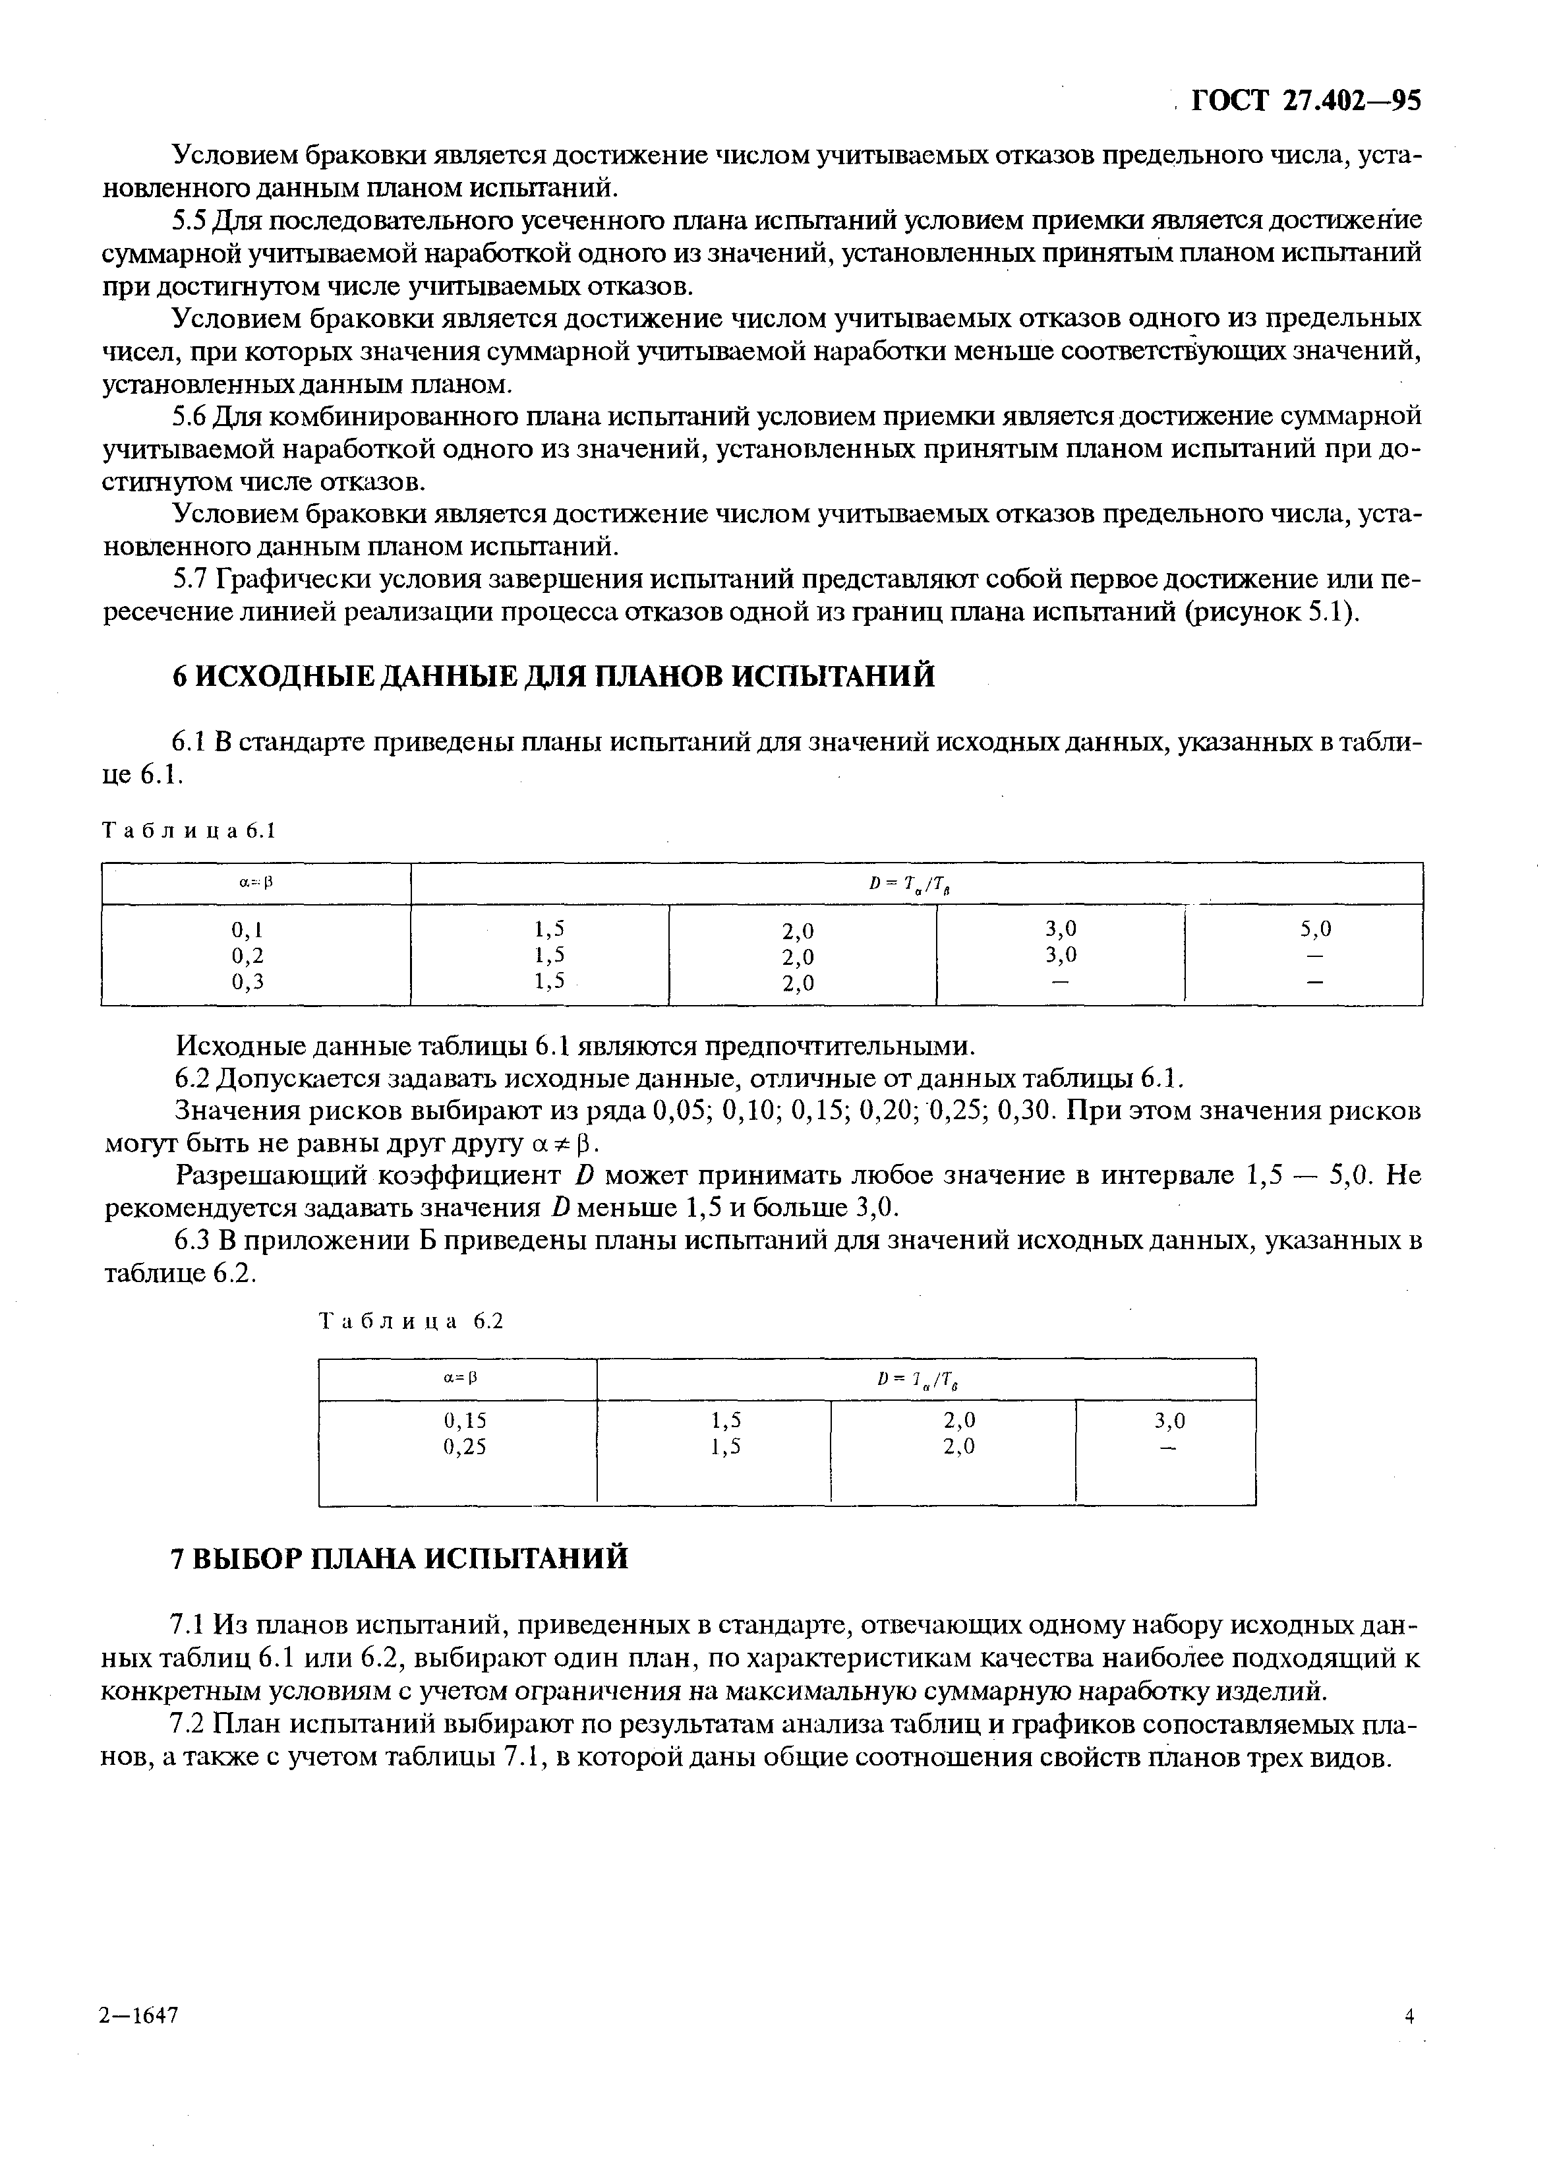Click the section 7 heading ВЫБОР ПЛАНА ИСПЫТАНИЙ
pyautogui.click(x=400, y=1557)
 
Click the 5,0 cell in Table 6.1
pyautogui.click(x=1316, y=928)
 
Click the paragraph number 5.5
pyautogui.click(x=189, y=221)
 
